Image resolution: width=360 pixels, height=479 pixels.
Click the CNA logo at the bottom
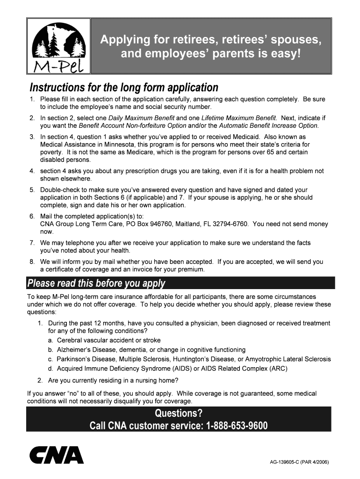pos(57,455)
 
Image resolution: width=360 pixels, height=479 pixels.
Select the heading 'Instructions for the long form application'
pos(124,87)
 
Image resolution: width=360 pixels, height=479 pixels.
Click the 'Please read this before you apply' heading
pos(96,283)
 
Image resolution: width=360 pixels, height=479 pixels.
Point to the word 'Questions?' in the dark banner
pos(179,414)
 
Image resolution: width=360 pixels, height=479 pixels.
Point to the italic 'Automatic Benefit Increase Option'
pos(268,125)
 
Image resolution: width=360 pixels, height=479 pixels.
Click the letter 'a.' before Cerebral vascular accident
pos(50,340)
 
